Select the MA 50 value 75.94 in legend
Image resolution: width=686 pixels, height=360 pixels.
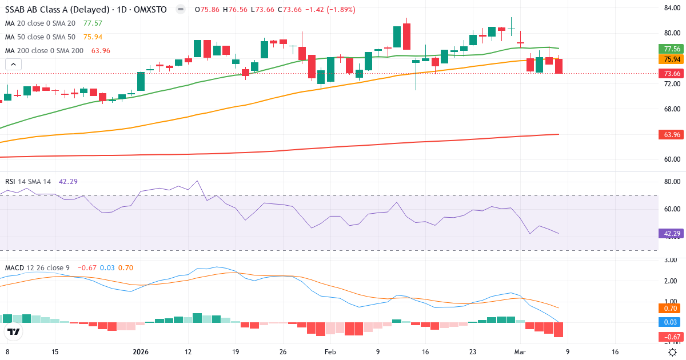[x=93, y=37]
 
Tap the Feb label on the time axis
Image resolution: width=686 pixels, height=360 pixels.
[x=330, y=352]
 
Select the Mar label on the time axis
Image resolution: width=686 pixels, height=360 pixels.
[x=520, y=352]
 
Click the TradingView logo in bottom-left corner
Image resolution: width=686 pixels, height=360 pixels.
[x=14, y=332]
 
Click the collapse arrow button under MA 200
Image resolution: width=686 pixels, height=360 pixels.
[x=13, y=64]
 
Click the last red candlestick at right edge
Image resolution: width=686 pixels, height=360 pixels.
[x=559, y=65]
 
